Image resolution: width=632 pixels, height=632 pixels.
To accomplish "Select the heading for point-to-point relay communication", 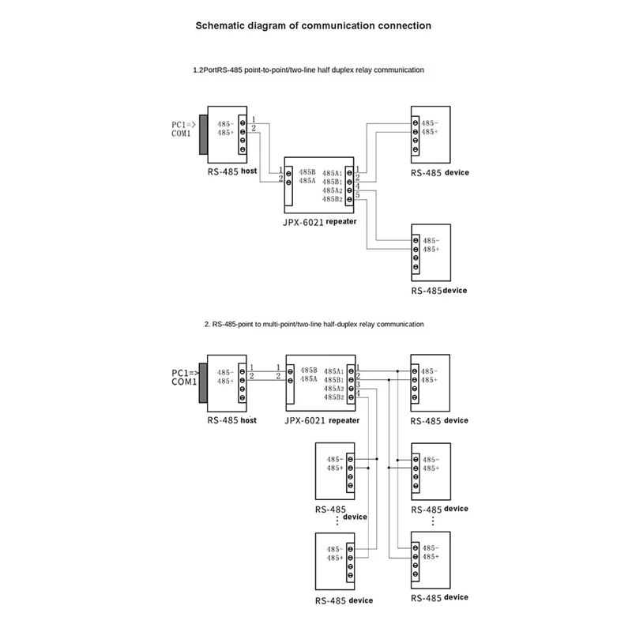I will (308, 70).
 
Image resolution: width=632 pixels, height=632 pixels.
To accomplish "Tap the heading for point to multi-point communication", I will (314, 325).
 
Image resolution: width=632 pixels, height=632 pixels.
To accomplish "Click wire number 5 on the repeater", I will (358, 194).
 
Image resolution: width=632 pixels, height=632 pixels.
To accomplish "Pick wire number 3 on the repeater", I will (358, 384).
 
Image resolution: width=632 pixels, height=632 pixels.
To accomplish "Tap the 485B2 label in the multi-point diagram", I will (333, 397).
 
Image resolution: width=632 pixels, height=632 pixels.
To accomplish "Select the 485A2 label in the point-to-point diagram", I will (333, 191).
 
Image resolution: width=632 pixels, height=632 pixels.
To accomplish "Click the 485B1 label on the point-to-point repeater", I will (333, 182).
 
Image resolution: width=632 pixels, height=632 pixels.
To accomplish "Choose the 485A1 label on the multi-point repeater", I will (333, 371).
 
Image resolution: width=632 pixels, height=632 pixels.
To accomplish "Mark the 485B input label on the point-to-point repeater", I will (307, 171).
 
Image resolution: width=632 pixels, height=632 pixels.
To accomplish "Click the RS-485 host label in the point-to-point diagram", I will (232, 171).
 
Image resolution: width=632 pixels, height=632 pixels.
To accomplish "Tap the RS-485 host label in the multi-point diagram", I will (232, 420).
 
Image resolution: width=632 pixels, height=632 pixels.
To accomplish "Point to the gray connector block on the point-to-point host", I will (203, 134).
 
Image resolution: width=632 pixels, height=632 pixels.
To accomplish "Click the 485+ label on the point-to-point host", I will (224, 132).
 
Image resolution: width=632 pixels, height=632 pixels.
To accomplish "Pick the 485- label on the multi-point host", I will (224, 372).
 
